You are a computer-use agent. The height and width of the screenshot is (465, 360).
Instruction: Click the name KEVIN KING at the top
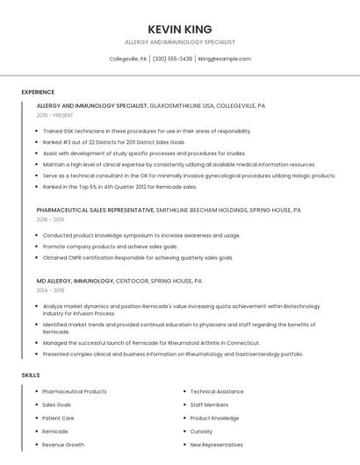[x=180, y=29]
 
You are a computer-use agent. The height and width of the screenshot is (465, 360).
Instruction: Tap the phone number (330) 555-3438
[x=172, y=59]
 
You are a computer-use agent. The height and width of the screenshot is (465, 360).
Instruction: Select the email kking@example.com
[x=224, y=59]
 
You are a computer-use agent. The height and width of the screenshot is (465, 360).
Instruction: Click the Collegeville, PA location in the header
[x=127, y=59]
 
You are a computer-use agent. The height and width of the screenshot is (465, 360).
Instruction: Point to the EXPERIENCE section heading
[x=38, y=92]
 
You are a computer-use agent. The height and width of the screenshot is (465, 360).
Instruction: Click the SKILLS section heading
[x=31, y=376]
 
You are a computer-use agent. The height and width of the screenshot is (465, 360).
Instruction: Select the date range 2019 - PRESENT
[x=55, y=115]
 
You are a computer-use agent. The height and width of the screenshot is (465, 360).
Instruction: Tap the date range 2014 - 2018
[x=50, y=290]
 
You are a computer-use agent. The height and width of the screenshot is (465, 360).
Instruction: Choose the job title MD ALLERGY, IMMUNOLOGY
[x=76, y=281]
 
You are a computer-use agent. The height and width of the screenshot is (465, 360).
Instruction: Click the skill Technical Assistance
[x=217, y=391]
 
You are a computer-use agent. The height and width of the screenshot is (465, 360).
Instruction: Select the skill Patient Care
[x=58, y=418]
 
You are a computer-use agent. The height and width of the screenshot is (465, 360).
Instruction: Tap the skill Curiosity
[x=201, y=432]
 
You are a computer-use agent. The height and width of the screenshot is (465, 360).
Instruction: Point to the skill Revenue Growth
[x=63, y=445]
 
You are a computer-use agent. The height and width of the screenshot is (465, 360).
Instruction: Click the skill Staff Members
[x=209, y=405]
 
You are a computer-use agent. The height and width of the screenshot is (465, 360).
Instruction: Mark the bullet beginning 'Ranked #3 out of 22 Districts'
[x=114, y=141]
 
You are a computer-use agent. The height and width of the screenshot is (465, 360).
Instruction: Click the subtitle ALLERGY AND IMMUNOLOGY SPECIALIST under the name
[x=180, y=42]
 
